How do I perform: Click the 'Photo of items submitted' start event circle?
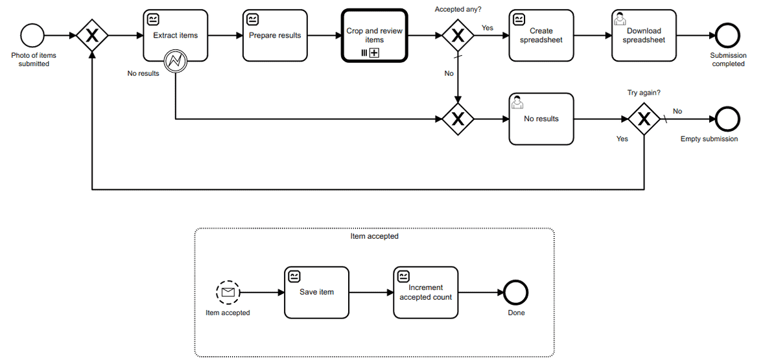tap(32, 36)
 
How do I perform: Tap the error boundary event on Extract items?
tap(176, 62)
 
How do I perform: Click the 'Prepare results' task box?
tap(275, 36)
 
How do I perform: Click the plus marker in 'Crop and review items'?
tap(374, 53)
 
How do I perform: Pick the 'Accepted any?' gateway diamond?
tap(458, 36)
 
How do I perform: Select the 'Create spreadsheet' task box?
tap(541, 36)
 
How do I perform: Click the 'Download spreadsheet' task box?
tap(644, 36)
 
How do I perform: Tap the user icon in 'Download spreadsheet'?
tap(620, 19)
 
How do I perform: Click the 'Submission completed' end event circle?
tap(728, 36)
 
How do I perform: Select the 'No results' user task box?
tap(541, 119)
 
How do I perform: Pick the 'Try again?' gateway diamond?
tap(644, 119)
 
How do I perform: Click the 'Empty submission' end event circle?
tap(728, 119)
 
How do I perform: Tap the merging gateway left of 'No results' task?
tap(458, 119)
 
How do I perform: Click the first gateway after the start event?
tap(92, 36)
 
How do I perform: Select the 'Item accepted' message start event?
tap(228, 293)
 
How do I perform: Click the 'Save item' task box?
tap(316, 293)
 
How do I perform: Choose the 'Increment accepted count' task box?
tap(425, 293)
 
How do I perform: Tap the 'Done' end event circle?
tap(517, 293)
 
